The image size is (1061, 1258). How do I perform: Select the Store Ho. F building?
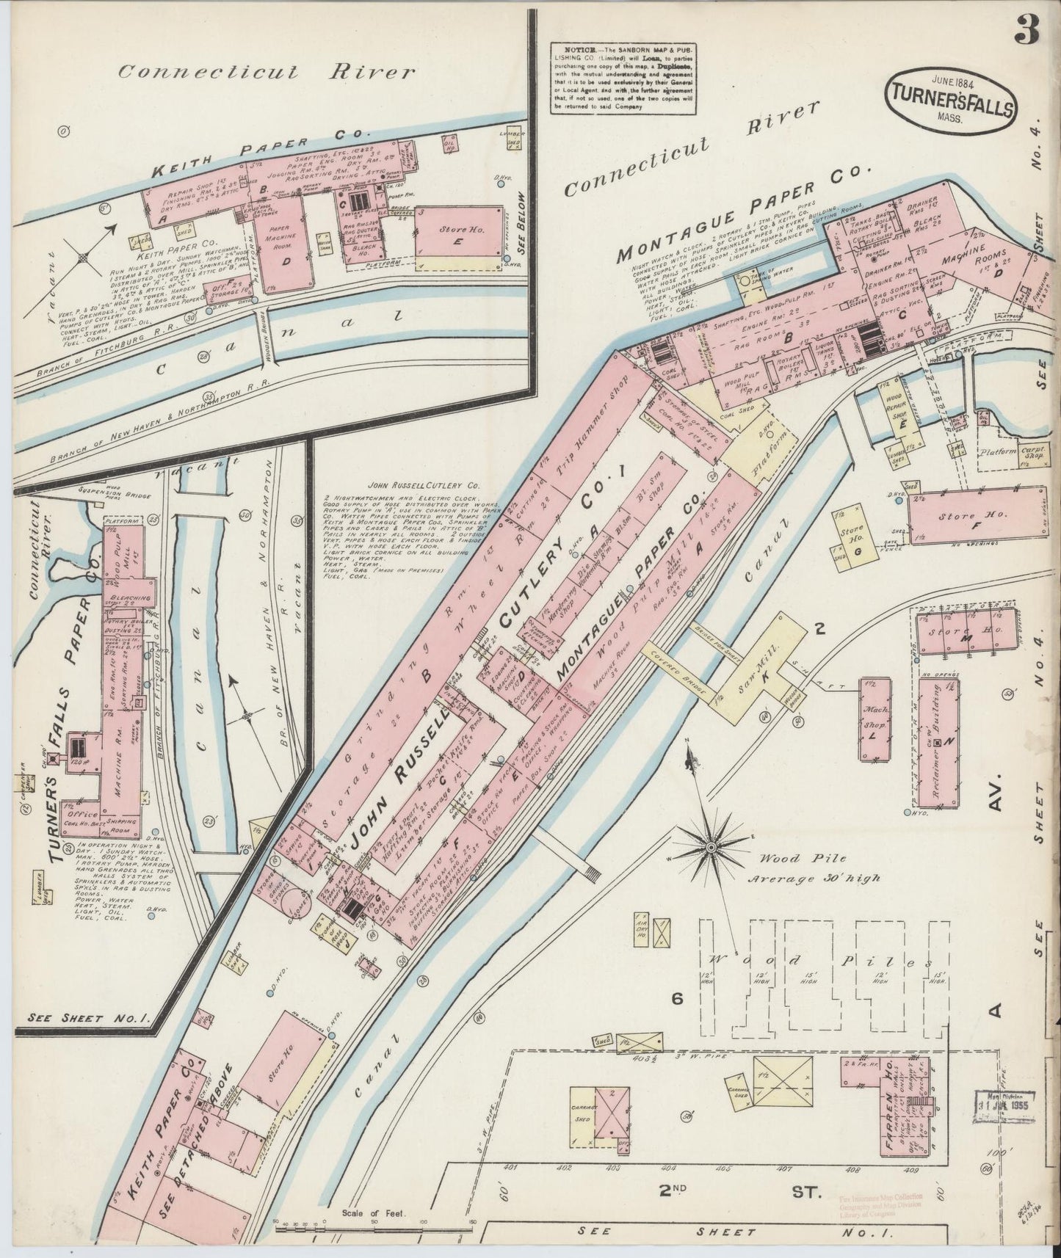pyautogui.click(x=977, y=517)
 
